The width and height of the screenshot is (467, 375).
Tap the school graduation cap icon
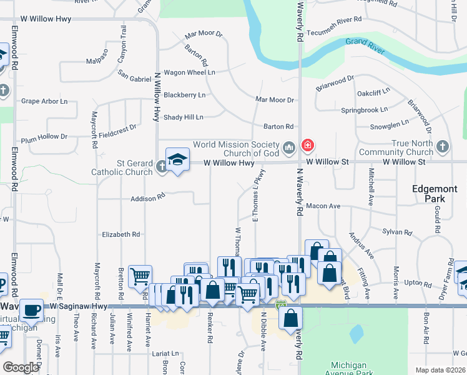[x=177, y=159]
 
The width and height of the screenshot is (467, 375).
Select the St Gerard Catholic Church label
[x=122, y=167]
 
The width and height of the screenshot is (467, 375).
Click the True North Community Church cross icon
[x=443, y=147]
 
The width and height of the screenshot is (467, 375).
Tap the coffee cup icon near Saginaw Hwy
[x=31, y=310]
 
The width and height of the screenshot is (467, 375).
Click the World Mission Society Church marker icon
[x=288, y=148]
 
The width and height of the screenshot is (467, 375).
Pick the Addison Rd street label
[x=147, y=197]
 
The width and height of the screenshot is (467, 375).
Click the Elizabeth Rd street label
[x=121, y=234]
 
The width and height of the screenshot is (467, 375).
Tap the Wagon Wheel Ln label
[x=189, y=72]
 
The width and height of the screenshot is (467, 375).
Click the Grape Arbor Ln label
[x=44, y=101]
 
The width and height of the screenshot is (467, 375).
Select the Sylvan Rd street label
[x=398, y=232]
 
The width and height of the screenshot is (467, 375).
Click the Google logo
[x=21, y=367]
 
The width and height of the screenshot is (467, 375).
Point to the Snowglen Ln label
[x=388, y=122]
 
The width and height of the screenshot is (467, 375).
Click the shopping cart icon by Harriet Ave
[x=139, y=276]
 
